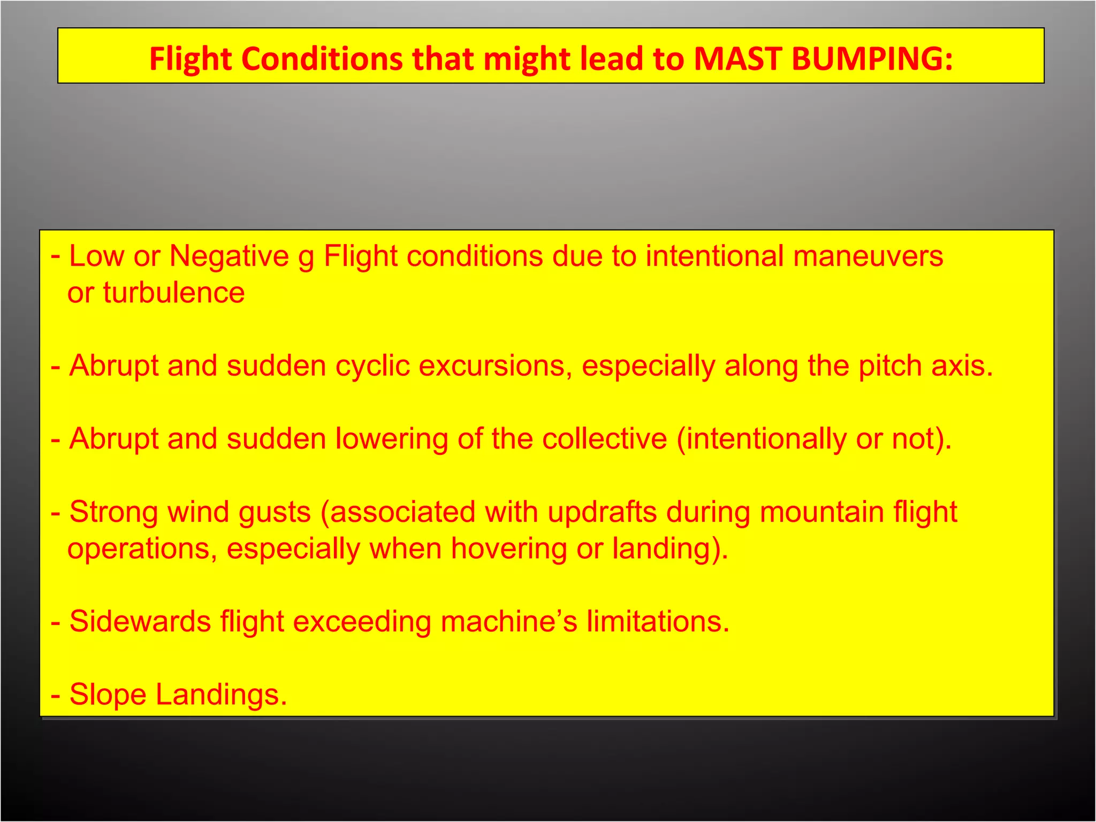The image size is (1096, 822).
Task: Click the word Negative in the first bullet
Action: (x=229, y=256)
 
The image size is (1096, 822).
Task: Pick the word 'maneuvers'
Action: (x=867, y=256)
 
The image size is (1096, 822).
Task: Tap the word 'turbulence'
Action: (x=174, y=293)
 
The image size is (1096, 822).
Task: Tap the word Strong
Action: (x=114, y=513)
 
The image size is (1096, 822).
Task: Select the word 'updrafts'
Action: (x=602, y=512)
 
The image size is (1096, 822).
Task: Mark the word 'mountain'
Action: (x=821, y=512)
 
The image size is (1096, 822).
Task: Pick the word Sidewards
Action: (x=140, y=621)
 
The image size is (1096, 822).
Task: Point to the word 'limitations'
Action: (x=658, y=621)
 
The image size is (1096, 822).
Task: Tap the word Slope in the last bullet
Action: (x=108, y=695)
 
